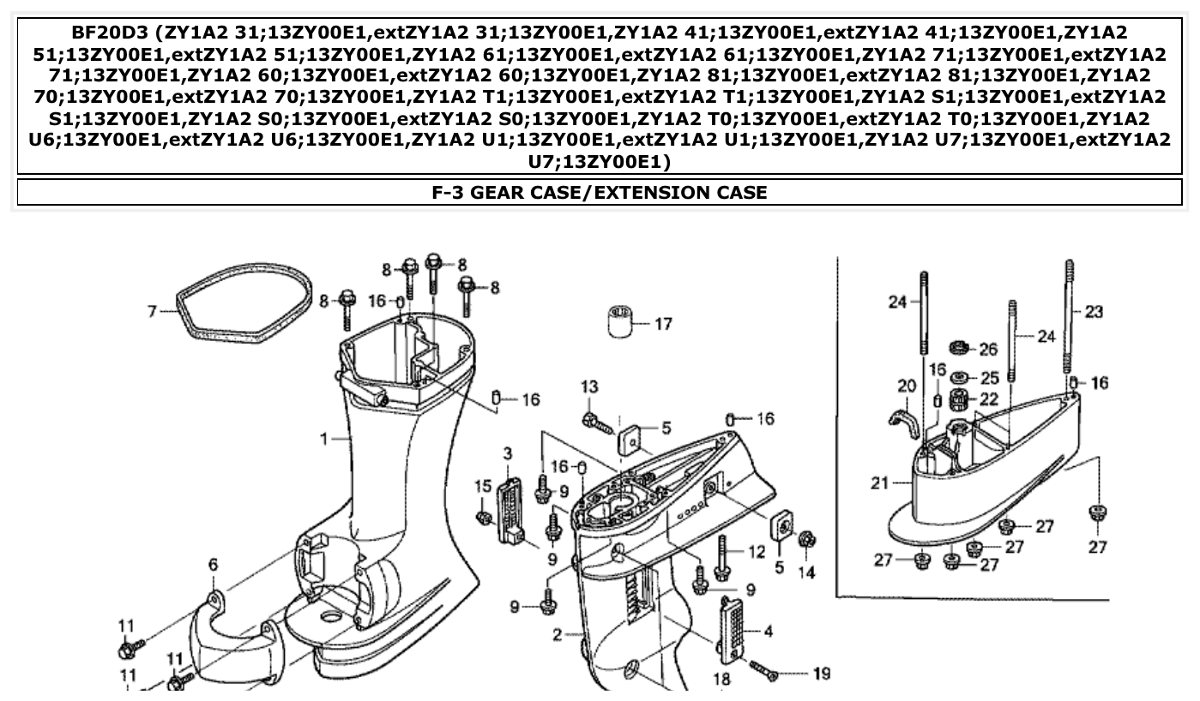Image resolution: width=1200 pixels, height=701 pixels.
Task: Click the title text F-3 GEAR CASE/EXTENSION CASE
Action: (600, 192)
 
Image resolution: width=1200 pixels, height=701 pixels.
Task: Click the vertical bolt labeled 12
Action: (722, 557)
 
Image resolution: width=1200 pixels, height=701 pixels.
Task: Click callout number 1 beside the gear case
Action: (324, 439)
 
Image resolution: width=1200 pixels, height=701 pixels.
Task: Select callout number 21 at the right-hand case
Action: (879, 483)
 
